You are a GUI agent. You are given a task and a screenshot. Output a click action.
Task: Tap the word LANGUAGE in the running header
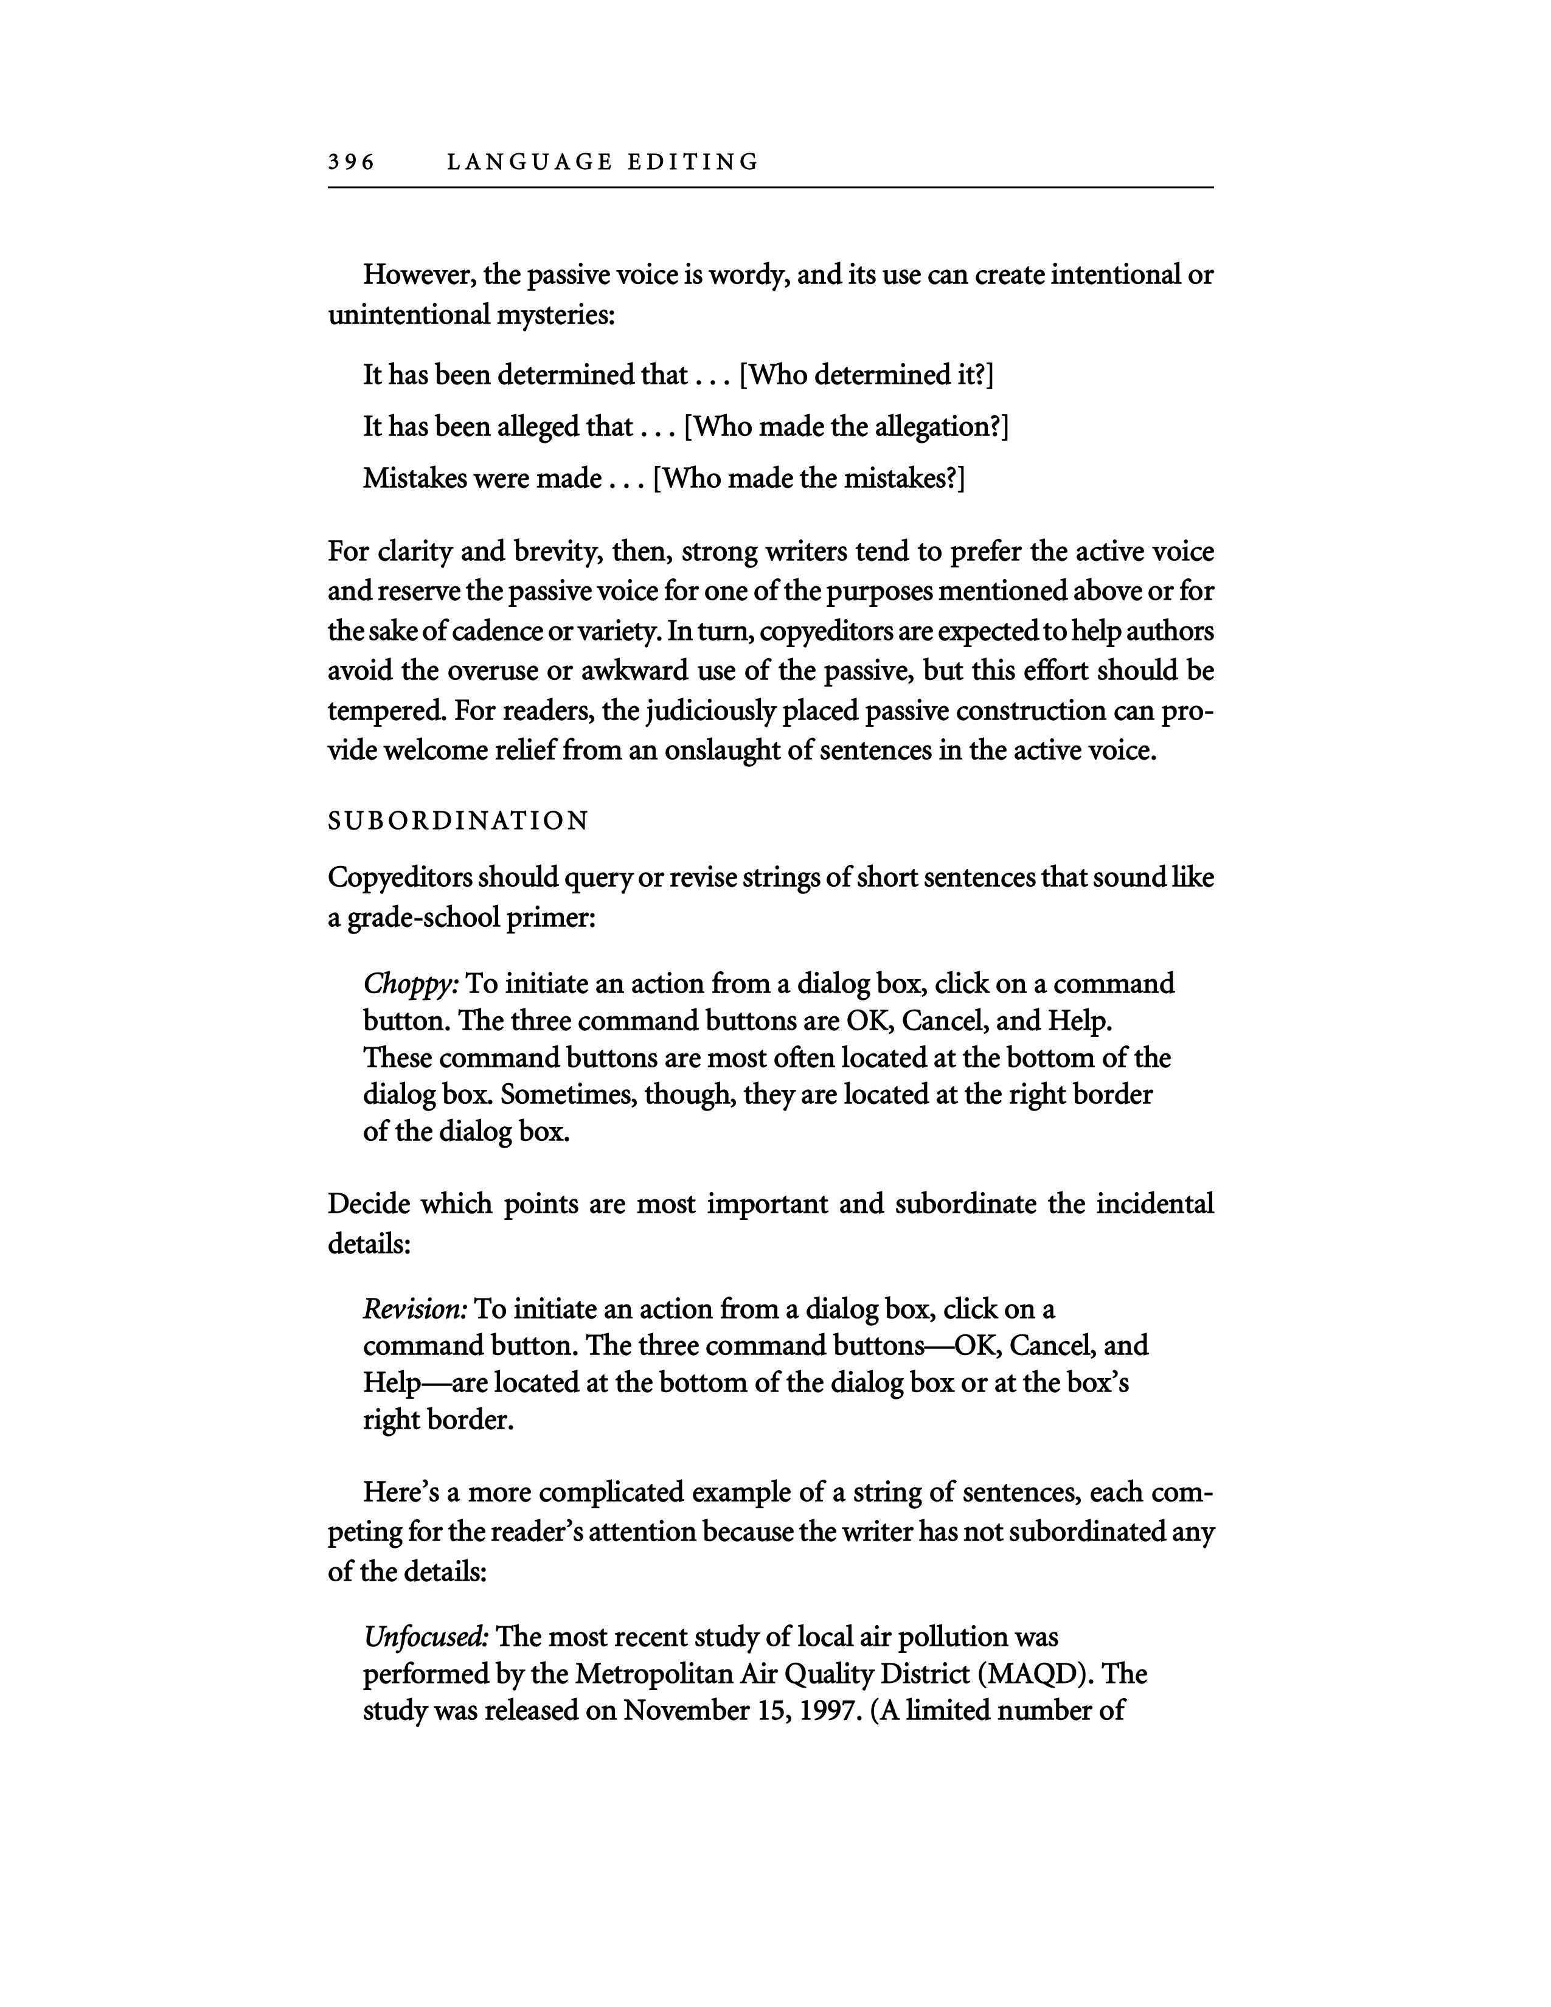pyautogui.click(x=529, y=162)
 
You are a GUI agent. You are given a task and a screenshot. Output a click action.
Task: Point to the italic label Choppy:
pyautogui.click(x=411, y=984)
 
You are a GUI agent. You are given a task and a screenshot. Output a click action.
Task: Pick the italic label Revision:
pyautogui.click(x=415, y=1309)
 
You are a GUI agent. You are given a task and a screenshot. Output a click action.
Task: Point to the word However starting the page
pyautogui.click(x=420, y=275)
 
